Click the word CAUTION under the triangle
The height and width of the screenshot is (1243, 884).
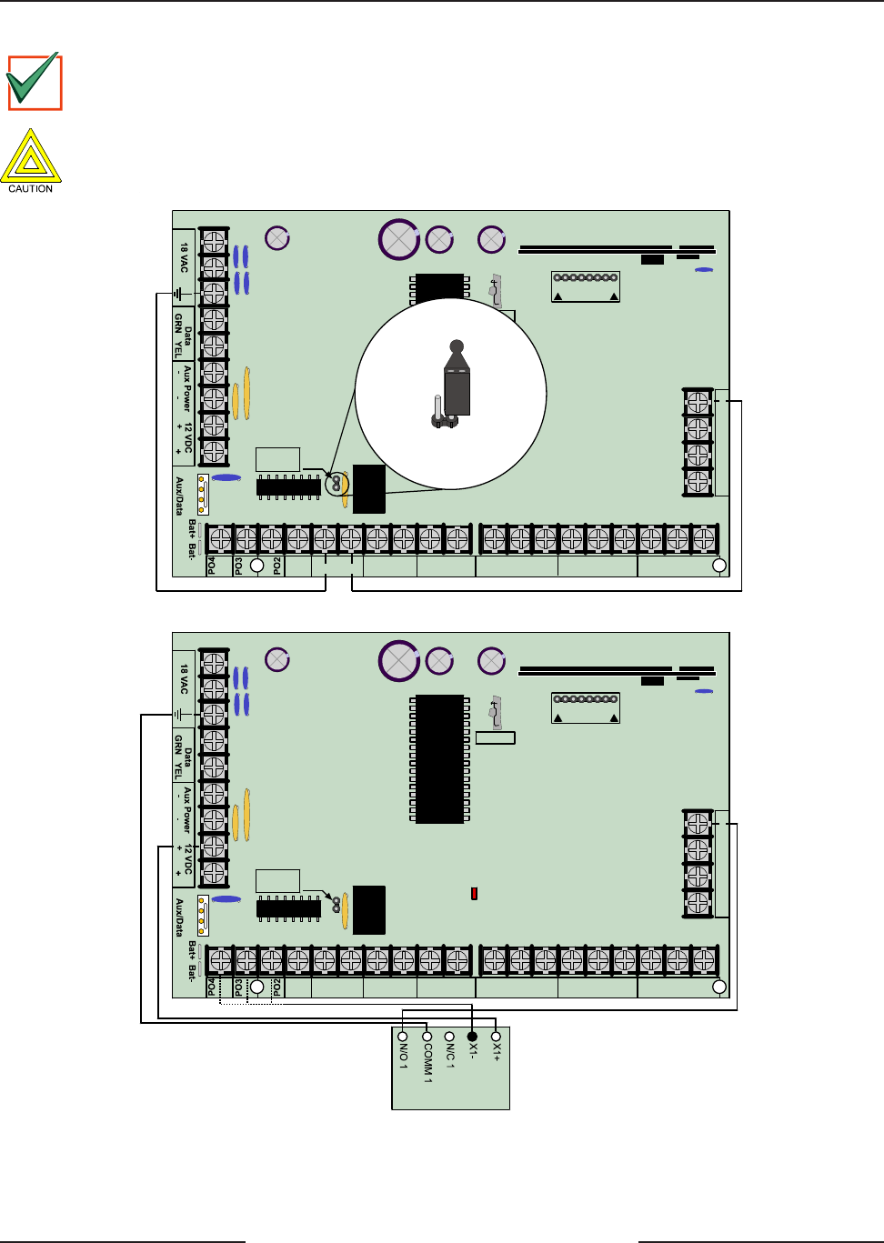31,188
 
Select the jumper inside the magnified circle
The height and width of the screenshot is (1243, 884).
457,379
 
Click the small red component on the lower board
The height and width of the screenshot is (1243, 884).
474,894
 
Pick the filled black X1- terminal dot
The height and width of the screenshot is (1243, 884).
472,1037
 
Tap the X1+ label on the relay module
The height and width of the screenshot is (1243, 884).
496,1052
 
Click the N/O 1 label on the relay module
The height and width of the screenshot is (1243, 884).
404,1056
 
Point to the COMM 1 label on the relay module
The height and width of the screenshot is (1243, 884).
427,1063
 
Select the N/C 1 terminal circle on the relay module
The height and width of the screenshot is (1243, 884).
449,1037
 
